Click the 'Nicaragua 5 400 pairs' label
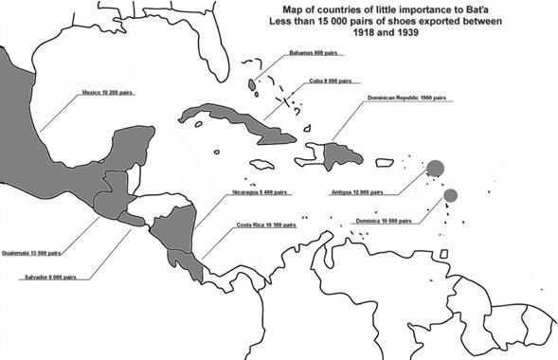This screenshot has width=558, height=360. point(259,192)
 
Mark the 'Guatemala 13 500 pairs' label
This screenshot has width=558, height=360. point(33,253)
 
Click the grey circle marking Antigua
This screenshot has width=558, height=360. point(435,169)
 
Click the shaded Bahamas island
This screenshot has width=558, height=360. point(252,85)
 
